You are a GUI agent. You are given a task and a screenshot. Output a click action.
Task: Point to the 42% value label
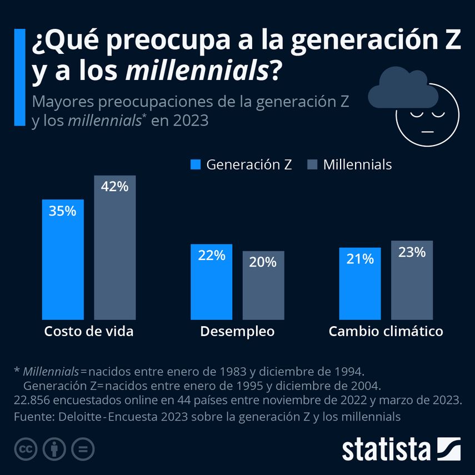114,187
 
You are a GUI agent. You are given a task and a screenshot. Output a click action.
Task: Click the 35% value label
63,211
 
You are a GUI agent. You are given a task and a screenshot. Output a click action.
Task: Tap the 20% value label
263,262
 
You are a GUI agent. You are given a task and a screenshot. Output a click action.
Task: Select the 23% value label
412,252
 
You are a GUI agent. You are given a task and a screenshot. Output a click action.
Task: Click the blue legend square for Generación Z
196,165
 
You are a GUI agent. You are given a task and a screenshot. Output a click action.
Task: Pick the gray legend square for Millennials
312,165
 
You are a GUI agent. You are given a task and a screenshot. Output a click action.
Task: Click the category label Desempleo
237,332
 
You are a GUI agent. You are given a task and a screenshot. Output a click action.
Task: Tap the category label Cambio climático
386,332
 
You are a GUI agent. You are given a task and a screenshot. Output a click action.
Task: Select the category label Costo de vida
89,332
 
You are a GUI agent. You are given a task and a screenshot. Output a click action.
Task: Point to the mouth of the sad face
427,131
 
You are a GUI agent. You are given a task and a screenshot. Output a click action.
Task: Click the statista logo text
386,448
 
